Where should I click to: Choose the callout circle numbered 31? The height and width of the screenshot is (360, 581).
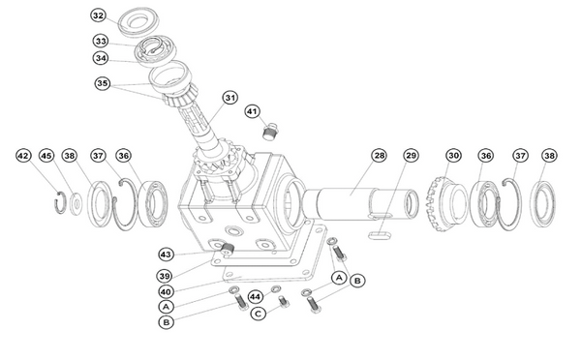click(x=229, y=97)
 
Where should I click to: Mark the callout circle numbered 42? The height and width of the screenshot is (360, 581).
click(x=23, y=155)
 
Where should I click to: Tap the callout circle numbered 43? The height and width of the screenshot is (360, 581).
click(x=166, y=254)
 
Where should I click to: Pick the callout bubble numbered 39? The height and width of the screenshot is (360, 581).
click(x=166, y=275)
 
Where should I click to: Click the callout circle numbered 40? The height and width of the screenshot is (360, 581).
click(x=166, y=291)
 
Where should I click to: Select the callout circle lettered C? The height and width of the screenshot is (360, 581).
click(x=258, y=314)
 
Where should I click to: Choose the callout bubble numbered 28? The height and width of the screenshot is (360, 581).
click(x=380, y=155)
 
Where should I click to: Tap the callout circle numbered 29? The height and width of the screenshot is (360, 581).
click(x=411, y=155)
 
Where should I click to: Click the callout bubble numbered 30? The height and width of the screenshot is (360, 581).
click(x=453, y=155)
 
